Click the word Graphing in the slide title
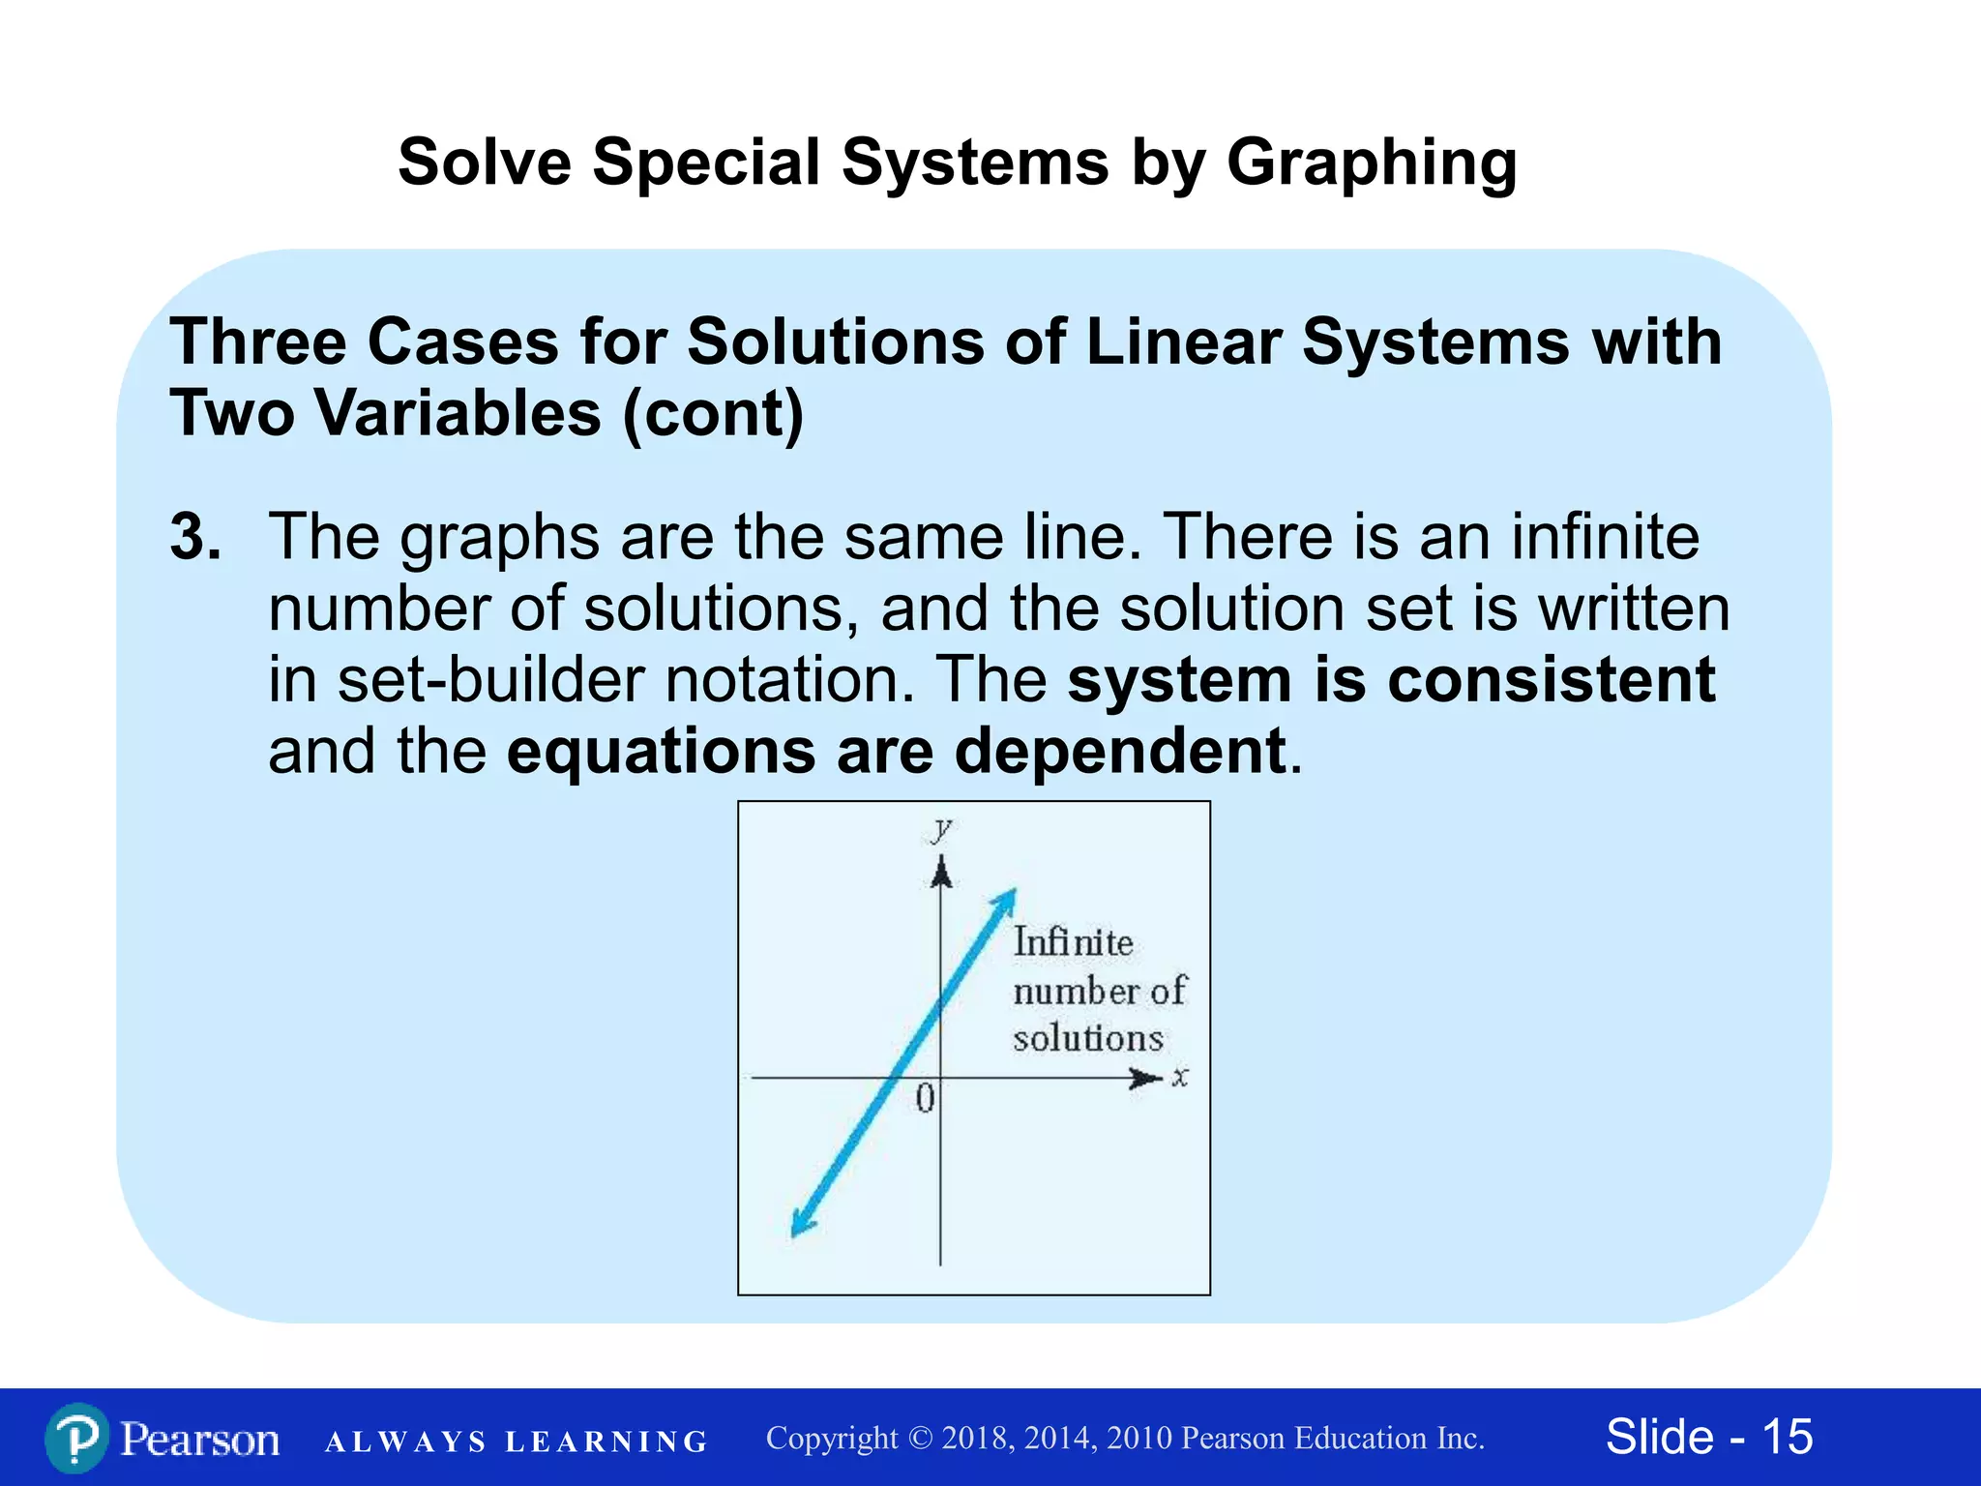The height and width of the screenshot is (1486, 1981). pyautogui.click(x=1372, y=163)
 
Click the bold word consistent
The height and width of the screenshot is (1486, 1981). pyautogui.click(x=1551, y=679)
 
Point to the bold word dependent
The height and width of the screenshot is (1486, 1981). pyautogui.click(x=1120, y=751)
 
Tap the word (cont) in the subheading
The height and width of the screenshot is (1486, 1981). pyautogui.click(x=713, y=414)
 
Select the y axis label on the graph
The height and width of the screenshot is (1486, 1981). pyautogui.click(x=941, y=829)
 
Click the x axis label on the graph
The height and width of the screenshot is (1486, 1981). pyautogui.click(x=1180, y=1077)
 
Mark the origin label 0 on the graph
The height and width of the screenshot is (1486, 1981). pyautogui.click(x=925, y=1098)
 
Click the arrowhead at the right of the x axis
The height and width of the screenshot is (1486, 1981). pyautogui.click(x=1147, y=1078)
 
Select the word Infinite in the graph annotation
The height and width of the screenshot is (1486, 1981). pyautogui.click(x=1073, y=942)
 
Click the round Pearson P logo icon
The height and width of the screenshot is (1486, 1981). pyautogui.click(x=76, y=1439)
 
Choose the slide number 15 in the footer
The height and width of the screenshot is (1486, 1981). pyautogui.click(x=1787, y=1437)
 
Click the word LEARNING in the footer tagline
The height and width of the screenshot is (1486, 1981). pyautogui.click(x=606, y=1441)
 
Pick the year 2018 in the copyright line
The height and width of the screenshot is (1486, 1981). pyautogui.click(x=977, y=1439)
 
